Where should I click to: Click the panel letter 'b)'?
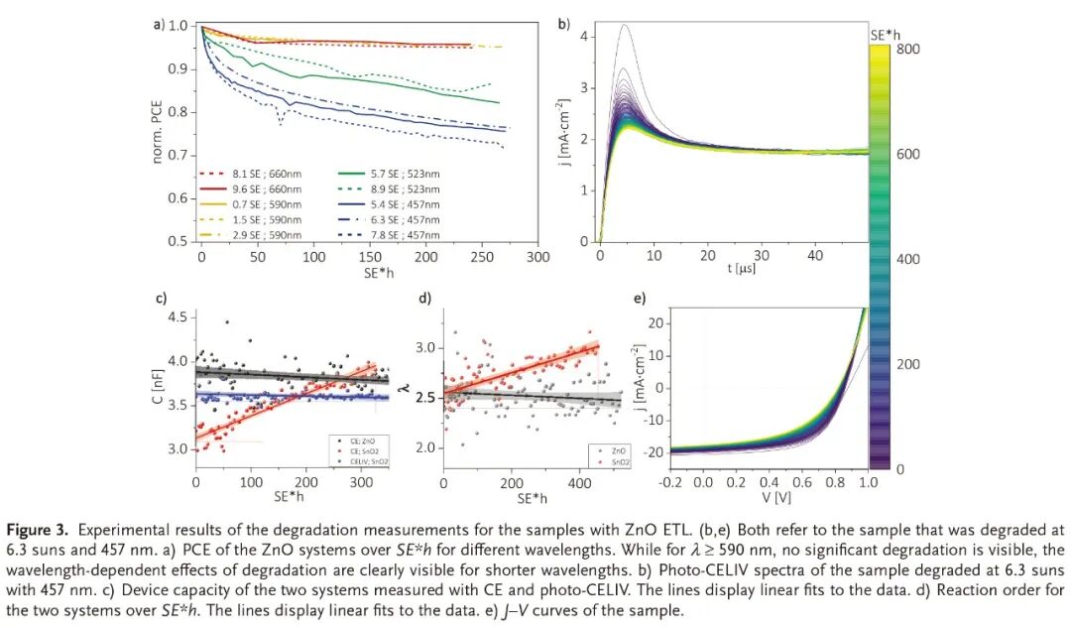(563, 25)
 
